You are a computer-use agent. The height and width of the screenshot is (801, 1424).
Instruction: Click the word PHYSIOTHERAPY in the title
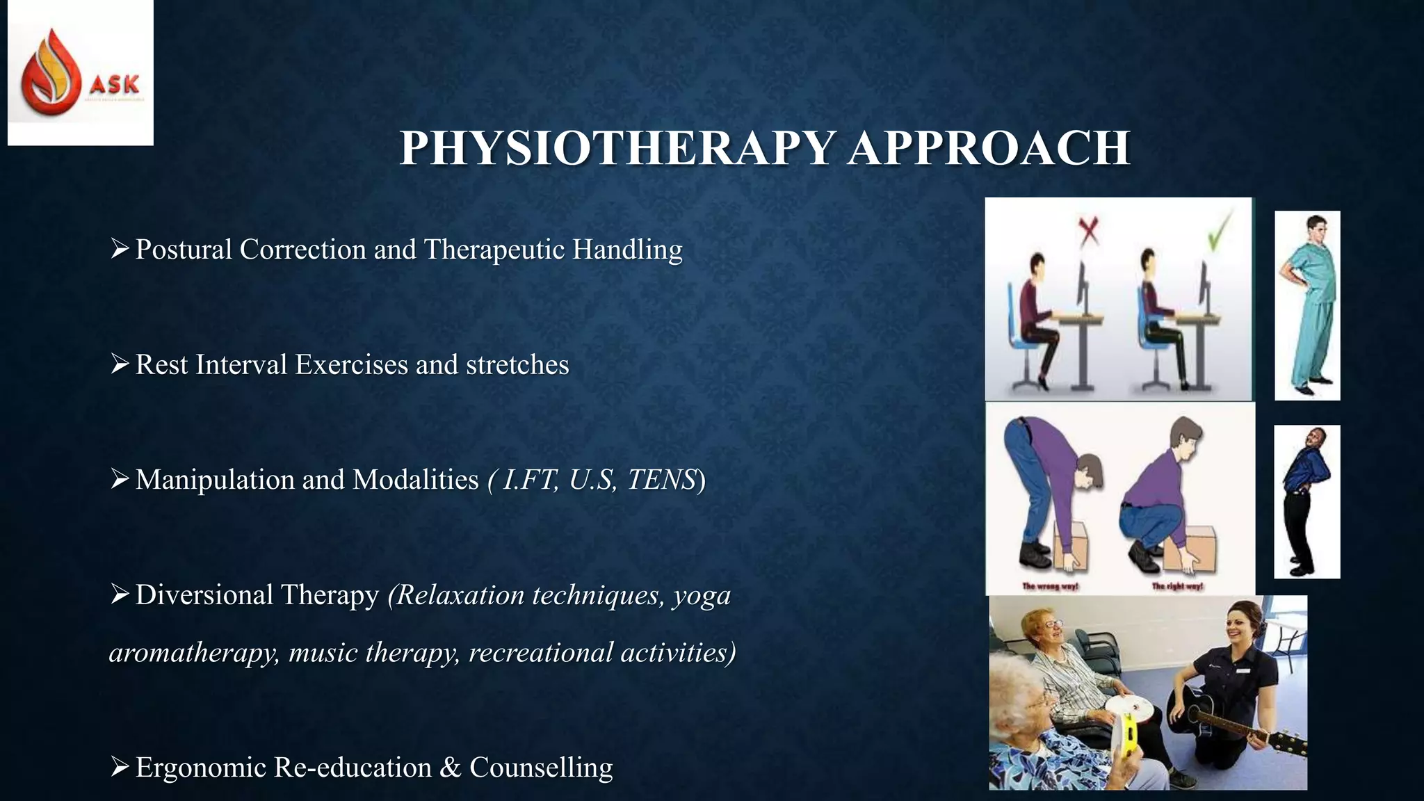617,148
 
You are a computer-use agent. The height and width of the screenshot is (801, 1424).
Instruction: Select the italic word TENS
661,480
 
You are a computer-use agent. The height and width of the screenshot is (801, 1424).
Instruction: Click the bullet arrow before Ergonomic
120,767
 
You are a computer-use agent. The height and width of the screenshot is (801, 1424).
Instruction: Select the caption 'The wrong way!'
1050,587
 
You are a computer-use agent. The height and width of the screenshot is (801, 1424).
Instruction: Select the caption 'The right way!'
1176,587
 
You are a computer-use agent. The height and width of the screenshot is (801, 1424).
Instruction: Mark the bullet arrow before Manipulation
120,479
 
